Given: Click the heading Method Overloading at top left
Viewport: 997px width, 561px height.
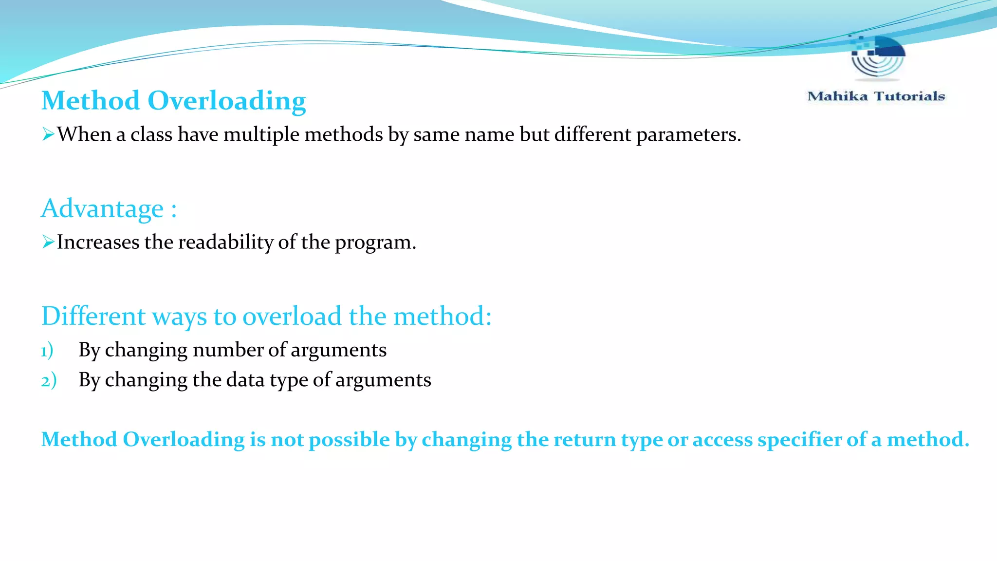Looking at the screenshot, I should (x=173, y=101).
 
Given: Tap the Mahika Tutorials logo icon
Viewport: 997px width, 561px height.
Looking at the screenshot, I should (x=878, y=56).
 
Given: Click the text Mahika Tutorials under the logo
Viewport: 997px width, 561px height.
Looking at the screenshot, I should (x=876, y=96).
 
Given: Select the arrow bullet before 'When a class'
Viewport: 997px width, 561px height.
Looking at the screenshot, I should (x=48, y=134).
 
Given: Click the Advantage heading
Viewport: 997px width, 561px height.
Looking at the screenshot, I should (x=109, y=208).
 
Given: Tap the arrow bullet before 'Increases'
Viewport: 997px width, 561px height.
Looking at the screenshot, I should (x=48, y=242).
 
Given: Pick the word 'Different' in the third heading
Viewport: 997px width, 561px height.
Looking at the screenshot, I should (x=93, y=316).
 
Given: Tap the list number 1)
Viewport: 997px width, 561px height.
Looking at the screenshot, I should (x=47, y=351).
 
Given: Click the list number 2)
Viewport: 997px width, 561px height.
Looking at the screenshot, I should (x=48, y=380).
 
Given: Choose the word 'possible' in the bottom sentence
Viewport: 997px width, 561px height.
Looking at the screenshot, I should (x=349, y=440).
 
